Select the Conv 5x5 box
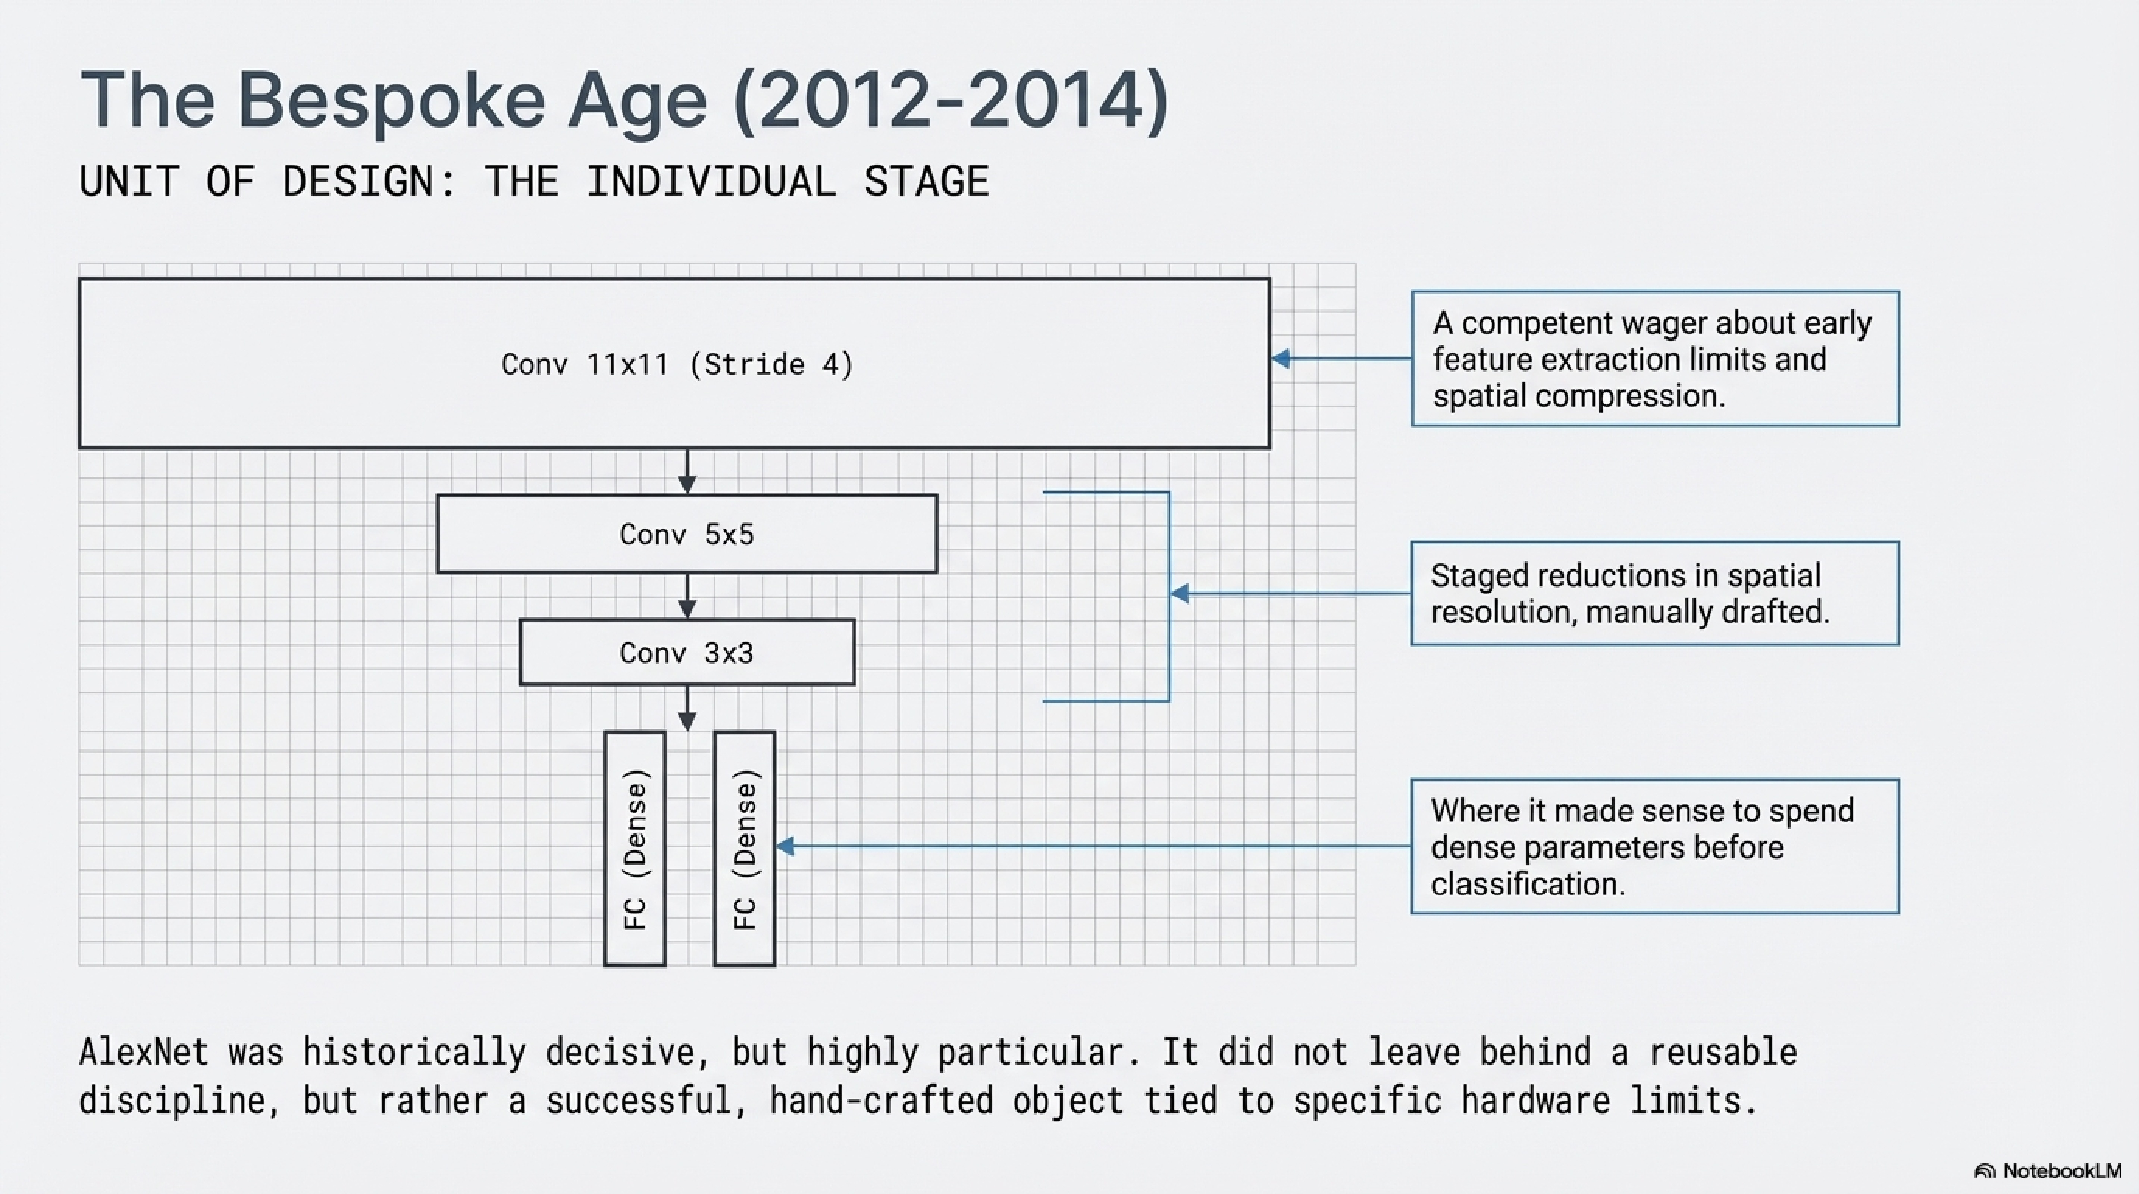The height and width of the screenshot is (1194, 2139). point(687,534)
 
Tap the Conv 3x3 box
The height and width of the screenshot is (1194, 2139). point(687,653)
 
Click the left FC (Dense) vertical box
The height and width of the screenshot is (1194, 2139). point(635,848)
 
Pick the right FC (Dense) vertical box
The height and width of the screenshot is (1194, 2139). point(744,848)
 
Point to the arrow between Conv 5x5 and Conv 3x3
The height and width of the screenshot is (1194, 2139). point(687,596)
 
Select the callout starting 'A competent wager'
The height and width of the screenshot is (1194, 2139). point(1655,359)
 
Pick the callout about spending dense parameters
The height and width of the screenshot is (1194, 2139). point(1655,846)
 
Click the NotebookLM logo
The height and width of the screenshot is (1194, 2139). point(2048,1171)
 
